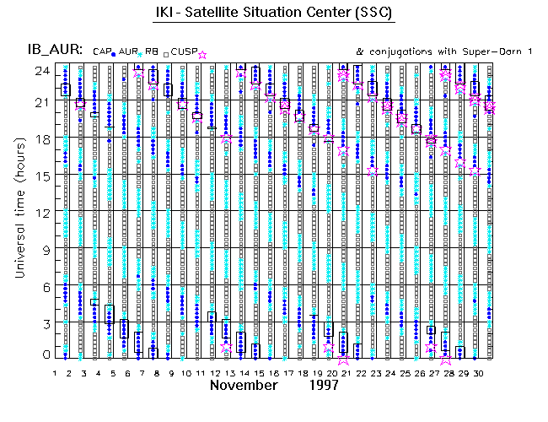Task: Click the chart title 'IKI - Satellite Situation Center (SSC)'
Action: click(x=275, y=15)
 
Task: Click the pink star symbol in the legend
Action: click(x=202, y=55)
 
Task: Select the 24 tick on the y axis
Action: click(x=40, y=71)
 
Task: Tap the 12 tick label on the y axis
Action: click(x=40, y=211)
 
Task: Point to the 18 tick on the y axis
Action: click(x=40, y=139)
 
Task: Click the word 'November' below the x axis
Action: click(x=244, y=386)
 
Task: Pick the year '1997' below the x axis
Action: click(x=323, y=386)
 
